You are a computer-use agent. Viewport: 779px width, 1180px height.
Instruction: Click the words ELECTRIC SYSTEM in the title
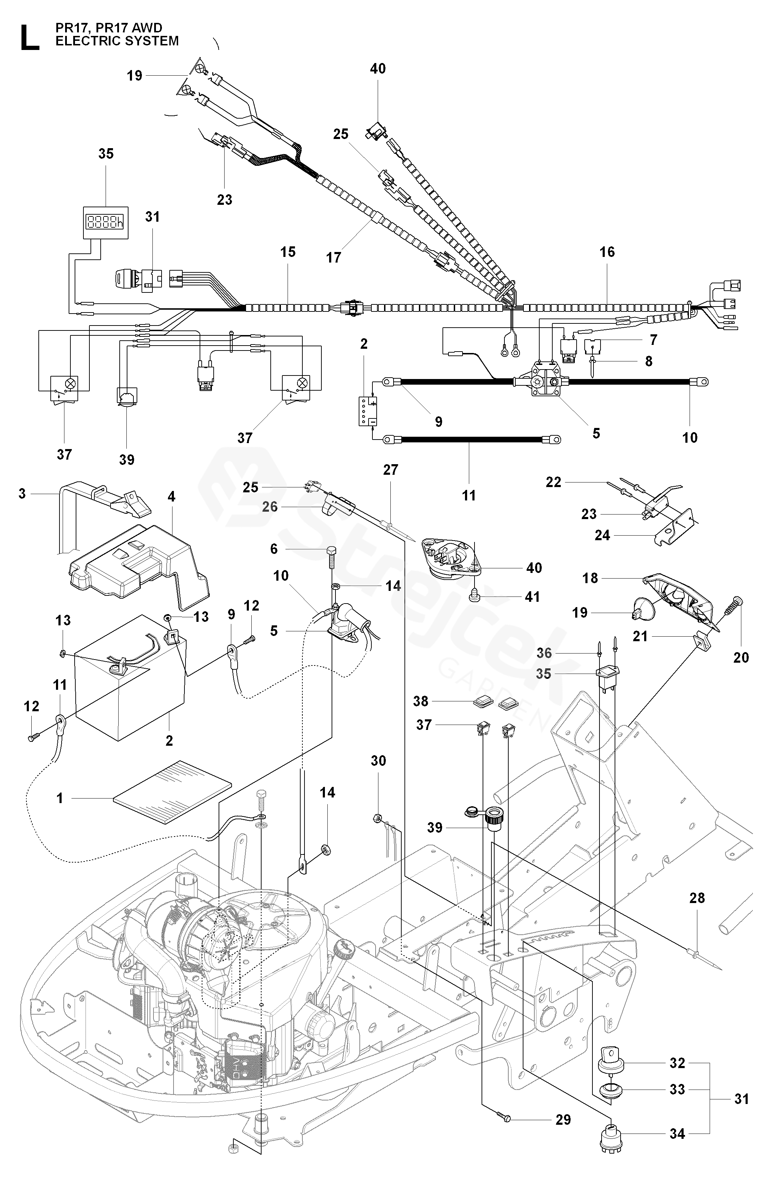click(x=117, y=41)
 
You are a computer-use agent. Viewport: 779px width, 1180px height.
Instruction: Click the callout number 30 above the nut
click(x=378, y=761)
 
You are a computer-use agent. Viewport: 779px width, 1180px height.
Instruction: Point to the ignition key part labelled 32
click(x=611, y=1063)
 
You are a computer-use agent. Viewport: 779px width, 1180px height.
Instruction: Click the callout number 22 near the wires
click(x=553, y=482)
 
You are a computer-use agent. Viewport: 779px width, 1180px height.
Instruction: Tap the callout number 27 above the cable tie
click(x=390, y=470)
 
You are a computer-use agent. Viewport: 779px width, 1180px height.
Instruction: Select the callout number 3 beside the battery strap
click(x=22, y=494)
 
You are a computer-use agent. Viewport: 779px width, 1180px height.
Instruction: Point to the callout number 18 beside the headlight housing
click(x=590, y=578)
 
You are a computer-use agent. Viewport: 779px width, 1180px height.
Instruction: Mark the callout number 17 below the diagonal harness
click(x=333, y=257)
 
